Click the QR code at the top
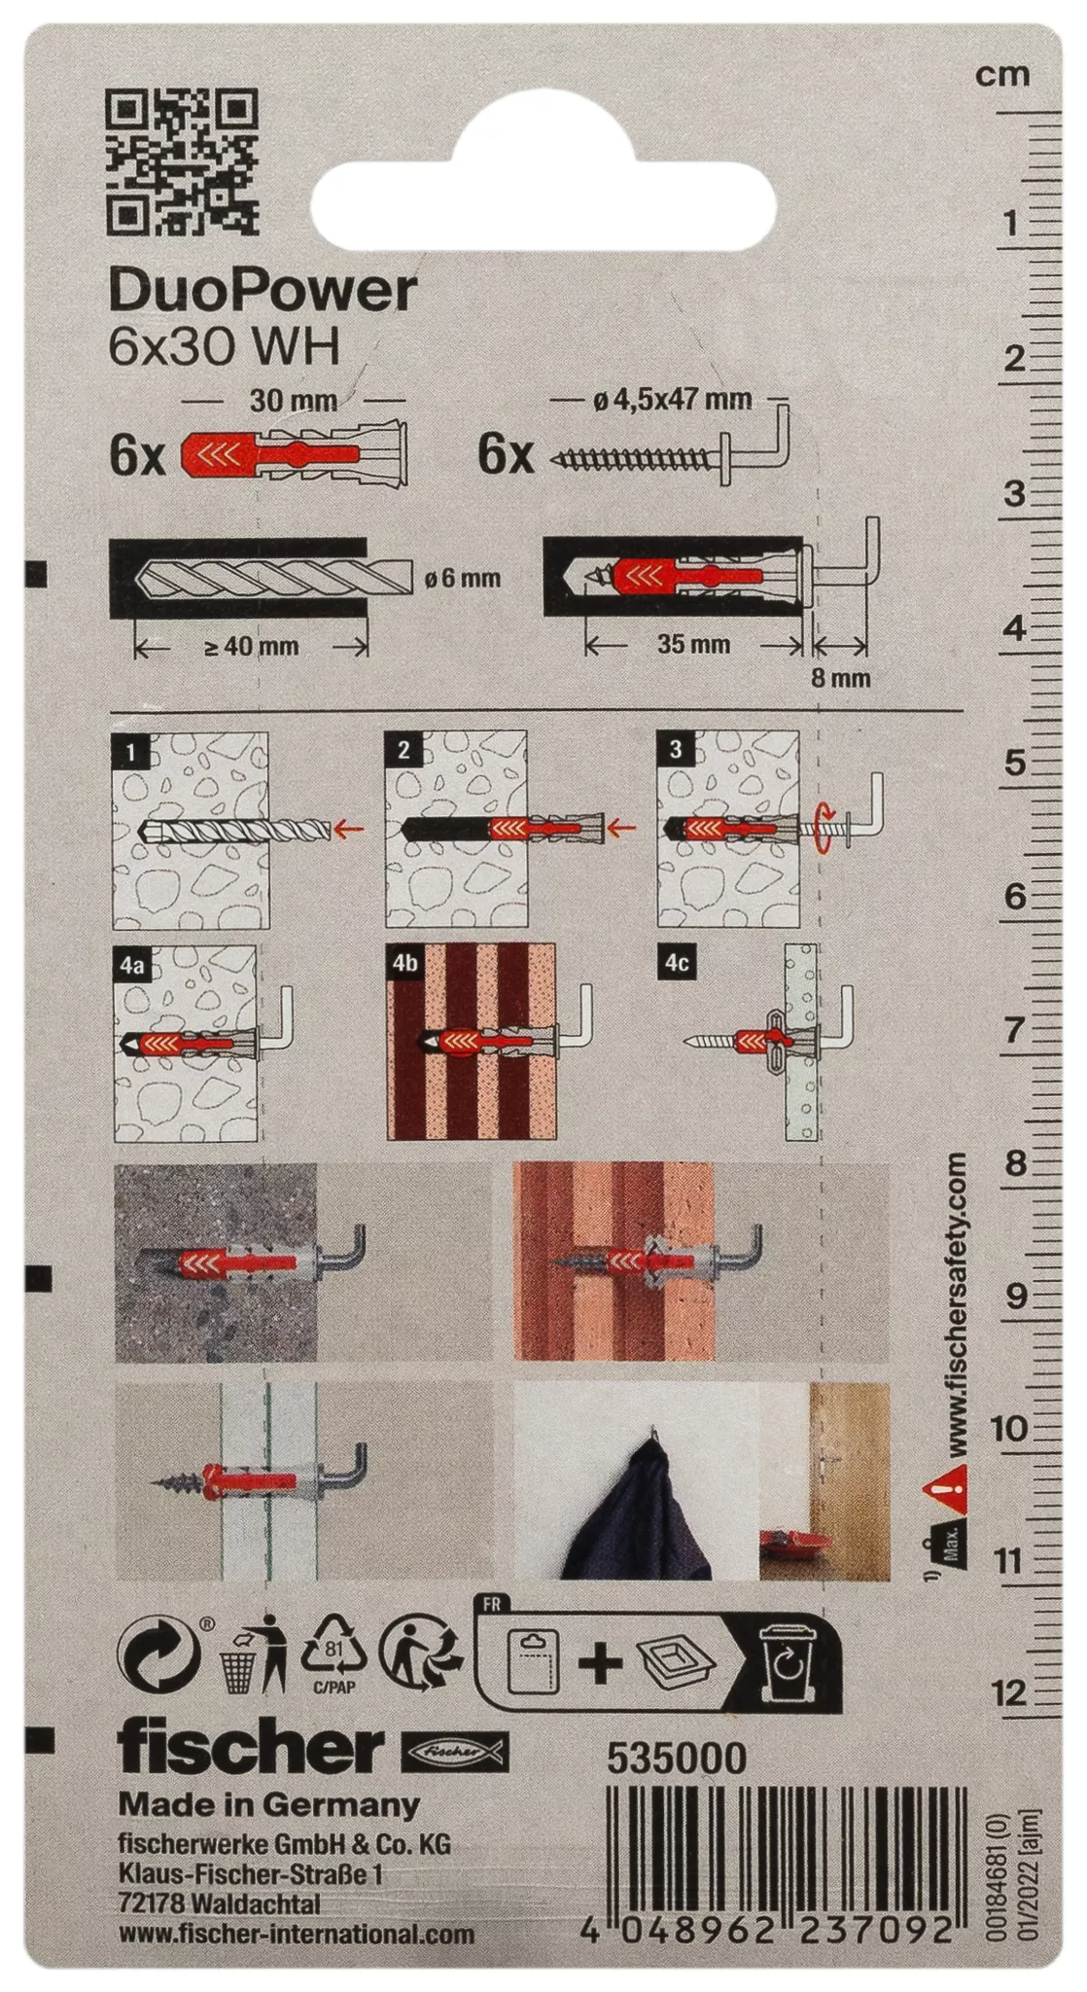(x=182, y=162)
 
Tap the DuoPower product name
(x=263, y=290)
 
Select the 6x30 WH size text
(x=224, y=347)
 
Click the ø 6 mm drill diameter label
(x=463, y=578)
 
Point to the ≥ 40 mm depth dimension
(x=252, y=646)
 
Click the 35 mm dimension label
(x=693, y=644)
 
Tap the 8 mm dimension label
(x=841, y=678)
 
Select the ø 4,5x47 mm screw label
(x=673, y=399)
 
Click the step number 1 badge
(x=130, y=751)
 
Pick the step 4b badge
(x=404, y=963)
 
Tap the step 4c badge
(x=677, y=963)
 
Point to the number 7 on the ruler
(x=1014, y=1029)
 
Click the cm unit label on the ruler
(x=1002, y=75)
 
